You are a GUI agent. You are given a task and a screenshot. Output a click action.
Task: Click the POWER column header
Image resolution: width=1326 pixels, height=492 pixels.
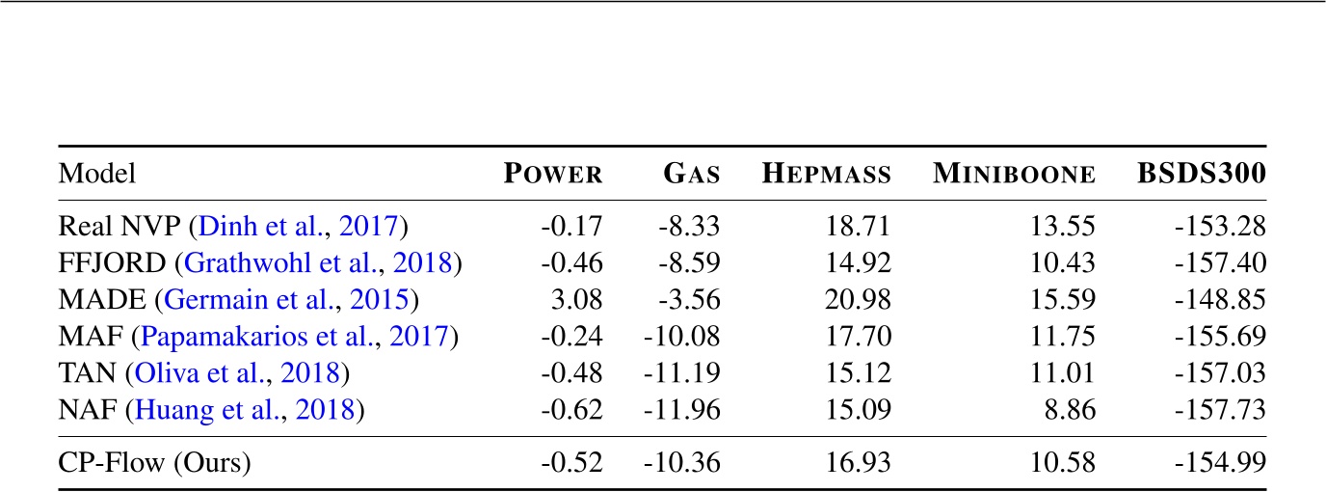(x=554, y=175)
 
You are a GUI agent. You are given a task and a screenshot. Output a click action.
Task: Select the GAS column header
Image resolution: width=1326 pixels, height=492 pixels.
(x=691, y=175)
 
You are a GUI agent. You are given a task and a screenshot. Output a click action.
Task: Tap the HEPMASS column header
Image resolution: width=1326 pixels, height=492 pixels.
(x=826, y=175)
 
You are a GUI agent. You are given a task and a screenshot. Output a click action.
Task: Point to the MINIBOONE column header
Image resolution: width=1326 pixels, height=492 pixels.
(x=1014, y=175)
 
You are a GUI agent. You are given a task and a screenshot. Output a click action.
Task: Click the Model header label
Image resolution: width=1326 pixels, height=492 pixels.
(x=97, y=175)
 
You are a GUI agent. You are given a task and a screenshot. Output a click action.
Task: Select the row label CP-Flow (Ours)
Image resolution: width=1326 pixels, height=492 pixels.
(x=155, y=463)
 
